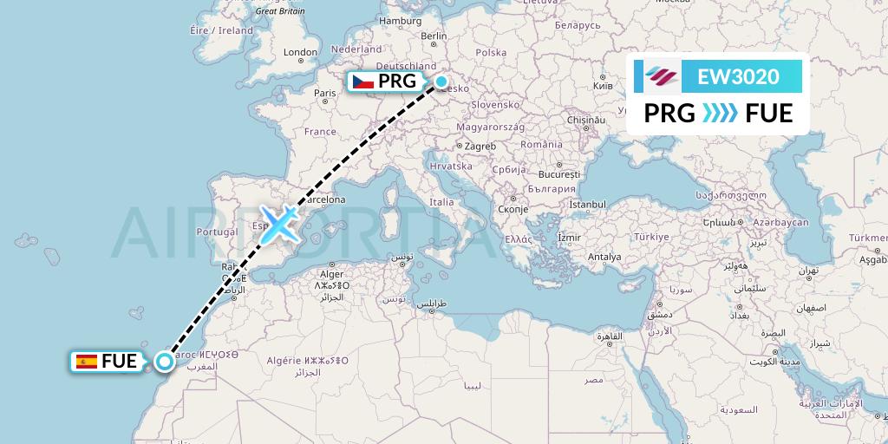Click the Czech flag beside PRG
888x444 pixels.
click(362, 82)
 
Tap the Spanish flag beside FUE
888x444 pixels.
click(86, 362)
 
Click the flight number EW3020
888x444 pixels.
click(738, 76)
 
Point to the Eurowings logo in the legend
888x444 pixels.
click(661, 76)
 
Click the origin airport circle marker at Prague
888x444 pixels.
click(441, 82)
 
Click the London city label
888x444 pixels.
click(301, 52)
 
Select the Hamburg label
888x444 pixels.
click(400, 21)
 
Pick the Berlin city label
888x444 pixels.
click(433, 36)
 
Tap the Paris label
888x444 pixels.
click(324, 93)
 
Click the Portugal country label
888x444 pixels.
click(217, 232)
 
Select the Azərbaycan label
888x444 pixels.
click(781, 223)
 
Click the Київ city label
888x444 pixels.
click(602, 86)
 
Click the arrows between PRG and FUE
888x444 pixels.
click(719, 114)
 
